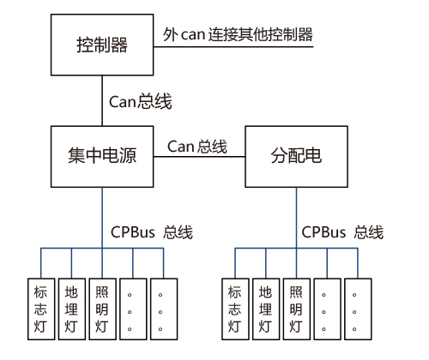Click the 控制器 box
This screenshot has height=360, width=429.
coord(102,45)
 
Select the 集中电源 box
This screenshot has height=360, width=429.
coord(102,157)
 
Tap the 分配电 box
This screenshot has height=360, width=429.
coord(296,157)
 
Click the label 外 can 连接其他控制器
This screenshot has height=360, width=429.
coord(238,34)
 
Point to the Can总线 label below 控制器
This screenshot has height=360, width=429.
coord(141,101)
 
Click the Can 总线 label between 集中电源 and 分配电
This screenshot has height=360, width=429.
coord(197,147)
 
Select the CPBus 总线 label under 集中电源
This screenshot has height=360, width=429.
coord(152,232)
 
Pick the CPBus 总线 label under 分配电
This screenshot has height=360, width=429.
coord(342,232)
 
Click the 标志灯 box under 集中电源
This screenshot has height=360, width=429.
coord(41,309)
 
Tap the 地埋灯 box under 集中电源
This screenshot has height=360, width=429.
coord(72,309)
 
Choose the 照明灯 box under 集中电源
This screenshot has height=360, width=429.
coord(102,309)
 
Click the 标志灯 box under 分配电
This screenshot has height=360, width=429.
coord(235,309)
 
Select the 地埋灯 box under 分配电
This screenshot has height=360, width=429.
coord(266,309)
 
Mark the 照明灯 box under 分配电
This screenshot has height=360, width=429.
coord(297,309)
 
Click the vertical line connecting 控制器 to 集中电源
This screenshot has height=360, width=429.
coord(102,100)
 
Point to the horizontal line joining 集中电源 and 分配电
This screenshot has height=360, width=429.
coord(199,157)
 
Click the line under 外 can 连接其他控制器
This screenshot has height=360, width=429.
coord(233,46)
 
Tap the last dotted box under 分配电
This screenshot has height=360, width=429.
coord(358,309)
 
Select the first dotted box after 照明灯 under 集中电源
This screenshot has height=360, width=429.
coord(133,309)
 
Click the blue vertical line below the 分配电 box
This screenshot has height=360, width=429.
coord(296,218)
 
